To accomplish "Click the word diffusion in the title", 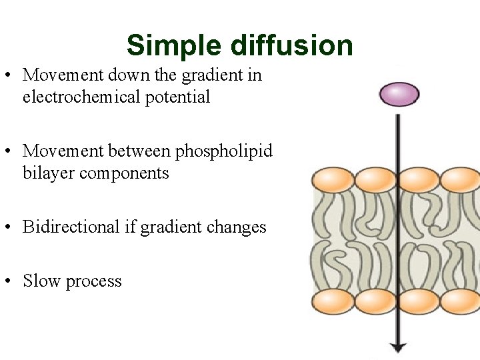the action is (292, 46).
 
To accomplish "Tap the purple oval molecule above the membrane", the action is (399, 94).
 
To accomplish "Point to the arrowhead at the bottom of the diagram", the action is (398, 347).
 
